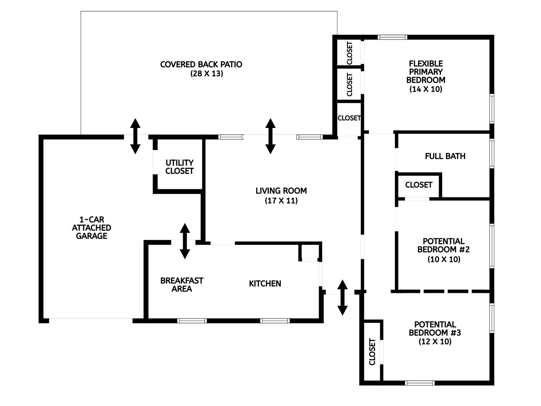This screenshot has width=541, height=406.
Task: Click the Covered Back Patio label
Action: [201, 64]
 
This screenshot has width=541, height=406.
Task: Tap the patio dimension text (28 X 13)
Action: [207, 73]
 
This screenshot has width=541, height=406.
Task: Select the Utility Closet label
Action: [180, 167]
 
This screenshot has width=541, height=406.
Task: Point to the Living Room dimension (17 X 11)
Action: [281, 201]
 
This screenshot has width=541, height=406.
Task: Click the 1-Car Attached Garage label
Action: [91, 228]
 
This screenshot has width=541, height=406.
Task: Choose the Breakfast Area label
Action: [182, 285]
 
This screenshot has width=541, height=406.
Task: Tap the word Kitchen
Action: [265, 284]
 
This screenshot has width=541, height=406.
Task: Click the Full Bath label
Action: [445, 156]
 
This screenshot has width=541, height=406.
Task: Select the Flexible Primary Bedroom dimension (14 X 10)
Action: [426, 89]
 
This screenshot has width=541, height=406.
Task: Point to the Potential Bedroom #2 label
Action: [443, 245]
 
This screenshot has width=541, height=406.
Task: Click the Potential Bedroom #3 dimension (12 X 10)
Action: [435, 342]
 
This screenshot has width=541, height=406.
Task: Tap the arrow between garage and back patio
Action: [135, 136]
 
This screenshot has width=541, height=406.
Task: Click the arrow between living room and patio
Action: [270, 136]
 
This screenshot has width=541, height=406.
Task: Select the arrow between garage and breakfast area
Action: [185, 241]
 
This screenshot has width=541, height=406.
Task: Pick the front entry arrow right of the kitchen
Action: [342, 297]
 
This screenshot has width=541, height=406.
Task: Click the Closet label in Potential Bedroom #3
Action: [372, 352]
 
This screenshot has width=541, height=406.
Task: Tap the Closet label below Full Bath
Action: [419, 185]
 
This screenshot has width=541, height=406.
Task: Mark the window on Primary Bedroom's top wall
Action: [392, 37]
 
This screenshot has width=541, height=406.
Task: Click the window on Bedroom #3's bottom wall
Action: [419, 383]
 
